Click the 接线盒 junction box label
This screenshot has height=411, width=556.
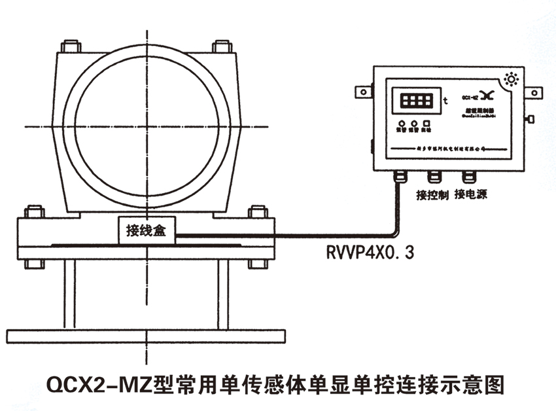pyautogui.click(x=146, y=229)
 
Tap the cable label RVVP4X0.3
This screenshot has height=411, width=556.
pyautogui.click(x=370, y=252)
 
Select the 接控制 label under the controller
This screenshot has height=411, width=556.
pyautogui.click(x=432, y=195)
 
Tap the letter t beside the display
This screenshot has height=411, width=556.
pyautogui.click(x=445, y=101)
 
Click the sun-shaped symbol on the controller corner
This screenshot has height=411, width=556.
pyautogui.click(x=513, y=80)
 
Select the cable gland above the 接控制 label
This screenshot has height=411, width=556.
pyautogui.click(x=433, y=177)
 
